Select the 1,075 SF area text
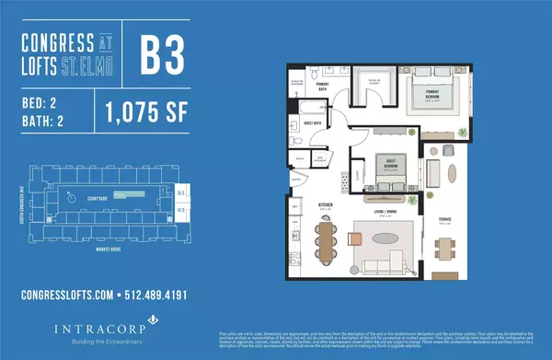click(136, 113)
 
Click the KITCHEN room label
click(298, 204)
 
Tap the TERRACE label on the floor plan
click(444, 222)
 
